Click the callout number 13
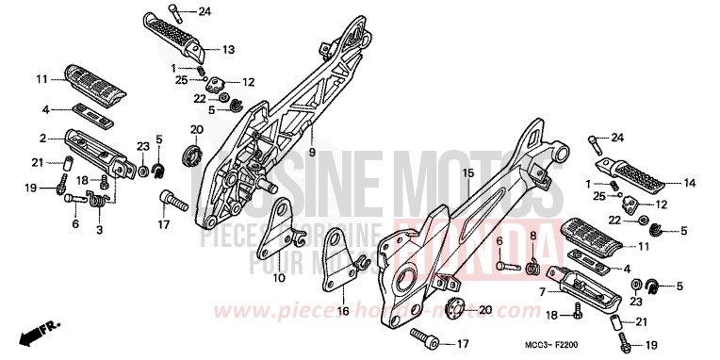tap(228, 49)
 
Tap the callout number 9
tap(312, 152)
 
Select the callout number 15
tap(439, 173)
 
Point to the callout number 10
tap(279, 280)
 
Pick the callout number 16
tap(343, 309)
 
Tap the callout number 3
tap(101, 228)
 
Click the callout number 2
tap(43, 138)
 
